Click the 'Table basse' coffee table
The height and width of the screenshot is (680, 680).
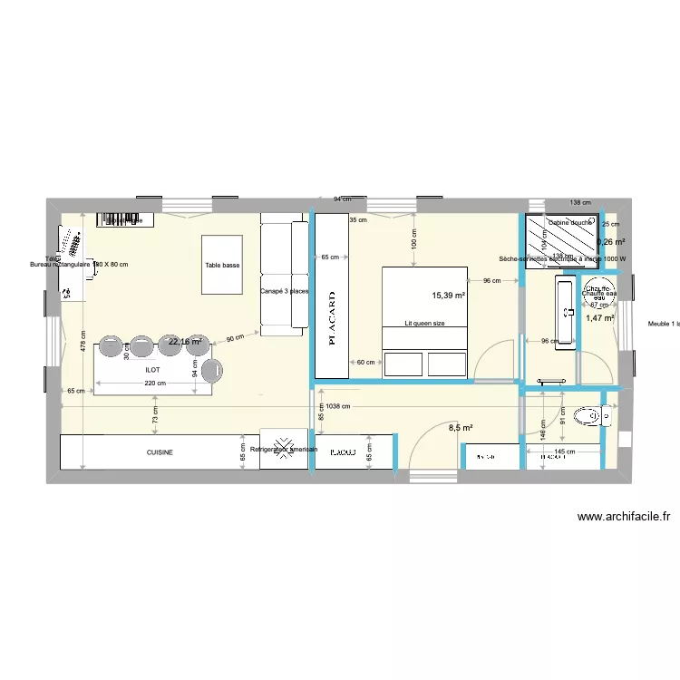coord(223,265)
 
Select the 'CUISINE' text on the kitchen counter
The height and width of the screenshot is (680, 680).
coord(160,452)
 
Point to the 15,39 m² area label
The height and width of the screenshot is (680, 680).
coord(448,296)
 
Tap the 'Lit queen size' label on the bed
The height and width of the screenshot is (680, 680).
coord(424,323)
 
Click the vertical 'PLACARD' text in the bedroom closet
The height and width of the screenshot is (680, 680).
coord(332,317)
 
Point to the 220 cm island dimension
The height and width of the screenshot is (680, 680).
coord(155,384)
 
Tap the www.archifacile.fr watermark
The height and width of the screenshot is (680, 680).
coord(625,517)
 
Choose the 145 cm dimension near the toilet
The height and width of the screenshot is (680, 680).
coord(564,452)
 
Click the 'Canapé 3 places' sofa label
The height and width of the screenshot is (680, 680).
coord(285,291)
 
